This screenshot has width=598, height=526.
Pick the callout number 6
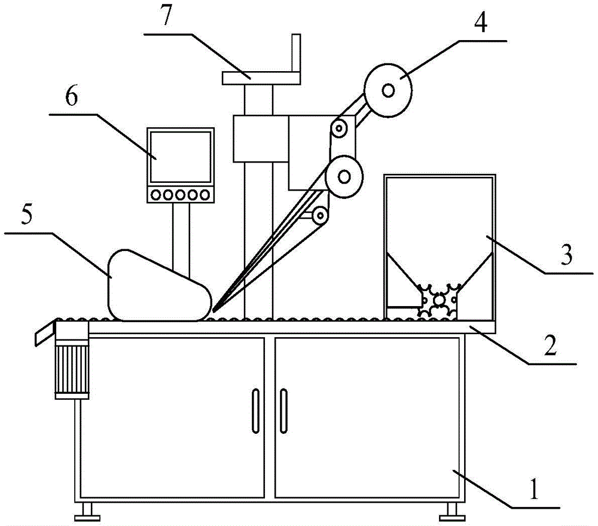point(71,98)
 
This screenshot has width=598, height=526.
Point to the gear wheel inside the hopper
point(439,298)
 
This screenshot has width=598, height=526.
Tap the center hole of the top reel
point(389,90)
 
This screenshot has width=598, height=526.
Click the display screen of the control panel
point(180,156)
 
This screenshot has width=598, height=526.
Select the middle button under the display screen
point(180,195)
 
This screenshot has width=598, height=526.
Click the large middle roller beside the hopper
point(344,176)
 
